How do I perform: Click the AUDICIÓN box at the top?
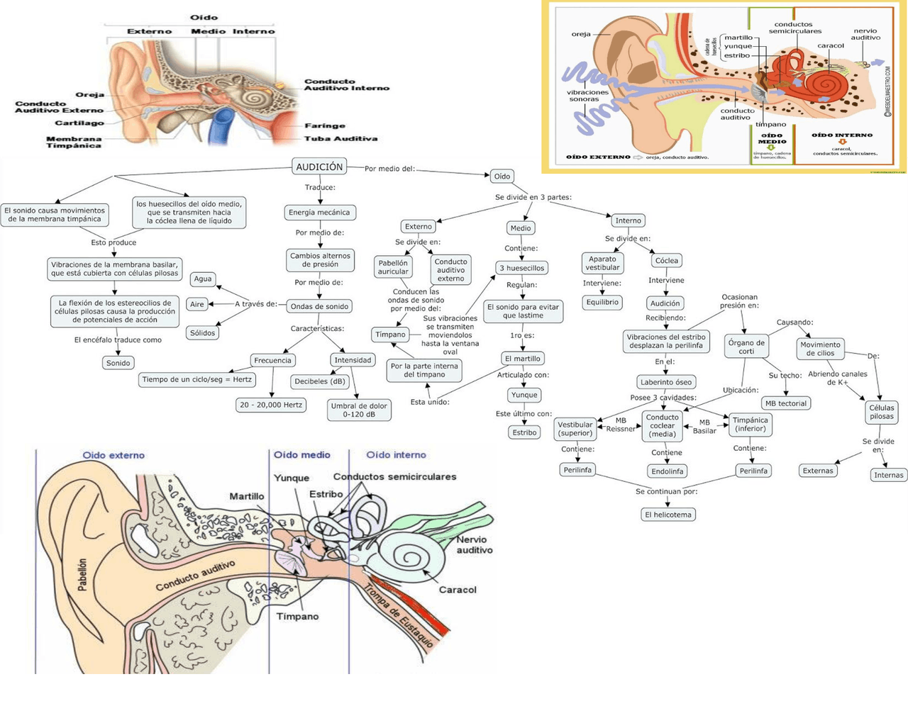click(319, 167)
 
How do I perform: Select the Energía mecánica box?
click(319, 212)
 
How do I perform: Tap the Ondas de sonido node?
click(319, 306)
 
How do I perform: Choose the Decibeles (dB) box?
click(320, 381)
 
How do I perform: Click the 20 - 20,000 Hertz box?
click(271, 405)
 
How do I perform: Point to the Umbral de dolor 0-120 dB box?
click(359, 410)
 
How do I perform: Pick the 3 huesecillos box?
click(521, 268)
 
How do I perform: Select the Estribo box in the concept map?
click(524, 432)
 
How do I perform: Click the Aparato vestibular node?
click(602, 263)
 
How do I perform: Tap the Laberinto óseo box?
click(665, 382)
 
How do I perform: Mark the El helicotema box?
click(668, 515)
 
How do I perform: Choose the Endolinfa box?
click(667, 471)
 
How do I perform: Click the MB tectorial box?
click(785, 403)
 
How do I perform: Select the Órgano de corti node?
click(746, 347)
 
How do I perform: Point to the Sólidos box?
click(202, 332)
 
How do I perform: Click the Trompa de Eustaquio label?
click(398, 612)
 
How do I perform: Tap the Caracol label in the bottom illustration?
click(458, 590)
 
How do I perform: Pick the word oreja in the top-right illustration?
click(580, 34)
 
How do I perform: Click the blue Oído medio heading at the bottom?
click(302, 455)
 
